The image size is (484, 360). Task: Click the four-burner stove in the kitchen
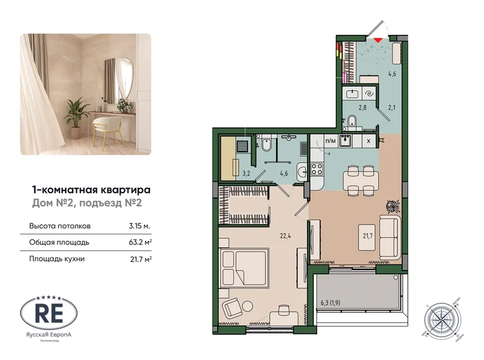(318, 168)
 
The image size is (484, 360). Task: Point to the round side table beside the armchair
(248, 305)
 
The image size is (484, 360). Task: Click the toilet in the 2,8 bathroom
(351, 120)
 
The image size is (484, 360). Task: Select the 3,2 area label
(245, 174)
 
